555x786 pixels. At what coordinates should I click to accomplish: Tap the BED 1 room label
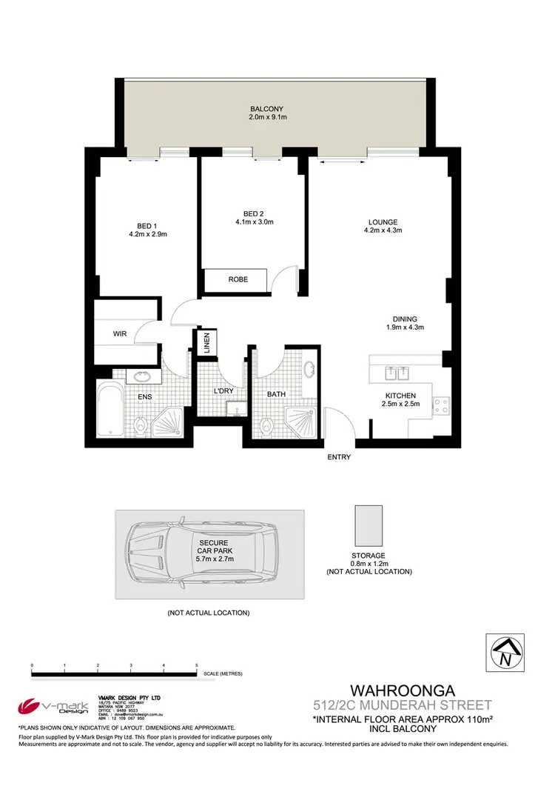point(147,226)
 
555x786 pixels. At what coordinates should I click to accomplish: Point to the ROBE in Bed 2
point(238,279)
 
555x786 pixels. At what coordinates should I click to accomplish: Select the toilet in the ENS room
point(141,424)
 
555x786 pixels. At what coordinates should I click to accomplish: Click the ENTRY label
point(339,457)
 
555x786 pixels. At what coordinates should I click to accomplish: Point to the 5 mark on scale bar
point(197,666)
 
